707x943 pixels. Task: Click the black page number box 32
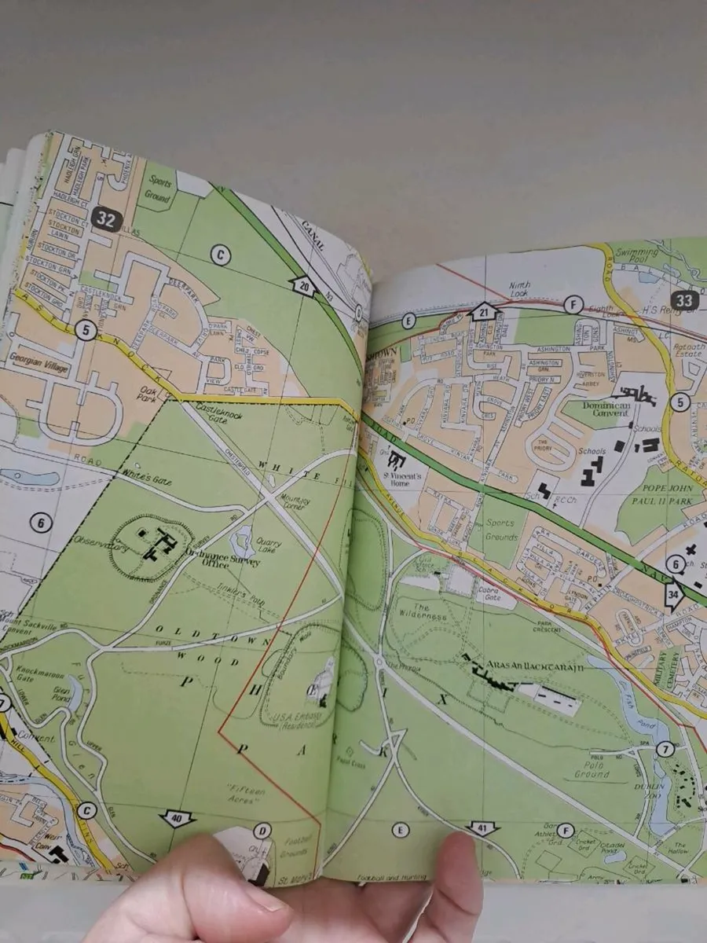point(104,219)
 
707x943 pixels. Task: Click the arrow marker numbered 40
point(177,819)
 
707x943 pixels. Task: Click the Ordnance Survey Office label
point(188,556)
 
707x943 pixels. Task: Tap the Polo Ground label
point(592,769)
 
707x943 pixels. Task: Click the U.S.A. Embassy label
point(283,721)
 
